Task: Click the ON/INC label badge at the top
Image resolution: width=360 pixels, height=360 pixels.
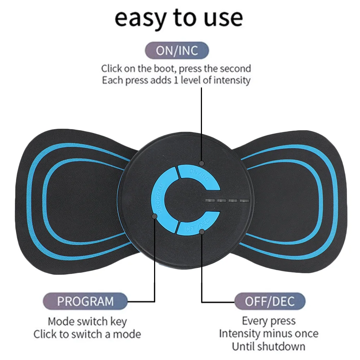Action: tap(177, 50)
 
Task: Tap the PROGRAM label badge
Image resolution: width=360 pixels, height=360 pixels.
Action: tap(85, 301)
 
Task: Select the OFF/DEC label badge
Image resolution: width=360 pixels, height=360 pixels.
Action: tap(270, 301)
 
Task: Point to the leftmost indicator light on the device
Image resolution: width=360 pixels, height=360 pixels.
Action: tap(209, 201)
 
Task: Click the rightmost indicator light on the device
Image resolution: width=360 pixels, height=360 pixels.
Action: tap(245, 201)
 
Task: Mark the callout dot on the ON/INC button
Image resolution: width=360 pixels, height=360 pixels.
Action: tap(202, 163)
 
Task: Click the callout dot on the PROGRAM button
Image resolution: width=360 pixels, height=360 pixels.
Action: tap(155, 216)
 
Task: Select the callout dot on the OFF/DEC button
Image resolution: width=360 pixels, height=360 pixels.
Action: tap(202, 232)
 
